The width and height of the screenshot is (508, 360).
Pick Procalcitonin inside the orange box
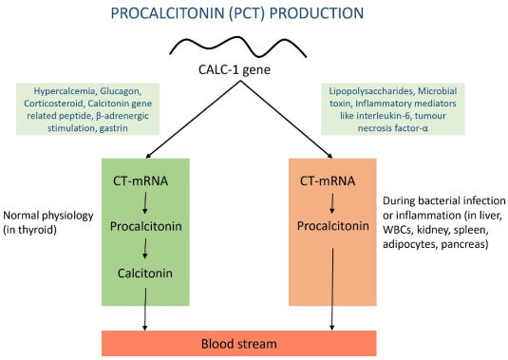coord(332,228)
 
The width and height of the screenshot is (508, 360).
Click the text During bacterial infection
coord(442,201)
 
